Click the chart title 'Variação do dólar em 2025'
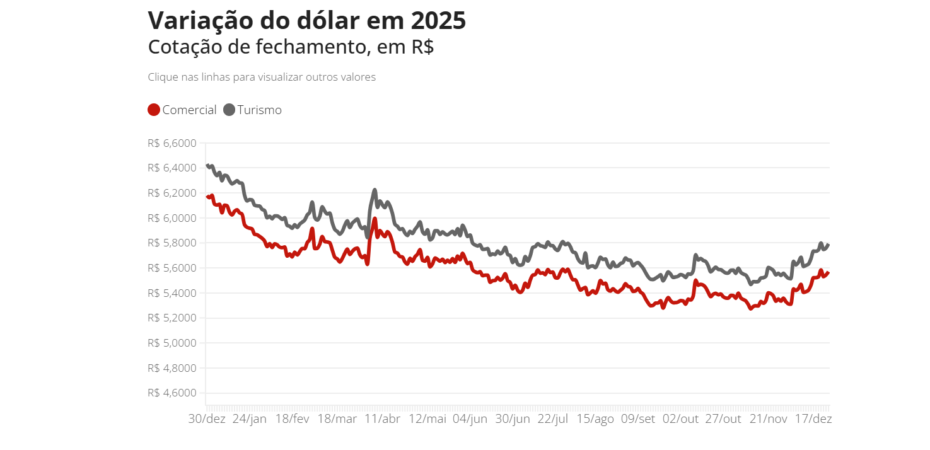click(x=306, y=21)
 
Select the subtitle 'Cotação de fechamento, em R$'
click(x=291, y=47)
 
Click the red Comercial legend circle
click(x=154, y=110)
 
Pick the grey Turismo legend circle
click(x=229, y=110)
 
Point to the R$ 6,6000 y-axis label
click(x=171, y=143)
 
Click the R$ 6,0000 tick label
click(x=171, y=218)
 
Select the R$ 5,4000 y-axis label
click(x=171, y=293)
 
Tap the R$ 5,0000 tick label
click(x=171, y=343)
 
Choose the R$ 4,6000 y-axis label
click(x=171, y=393)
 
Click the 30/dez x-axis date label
click(x=207, y=419)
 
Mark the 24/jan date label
click(x=250, y=419)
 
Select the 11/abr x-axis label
click(x=382, y=419)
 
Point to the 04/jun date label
click(x=470, y=419)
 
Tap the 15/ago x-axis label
click(x=595, y=419)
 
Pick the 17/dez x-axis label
click(x=812, y=419)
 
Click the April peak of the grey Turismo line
click(x=375, y=190)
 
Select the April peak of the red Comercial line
click(x=375, y=219)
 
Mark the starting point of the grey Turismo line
click(x=207, y=165)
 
